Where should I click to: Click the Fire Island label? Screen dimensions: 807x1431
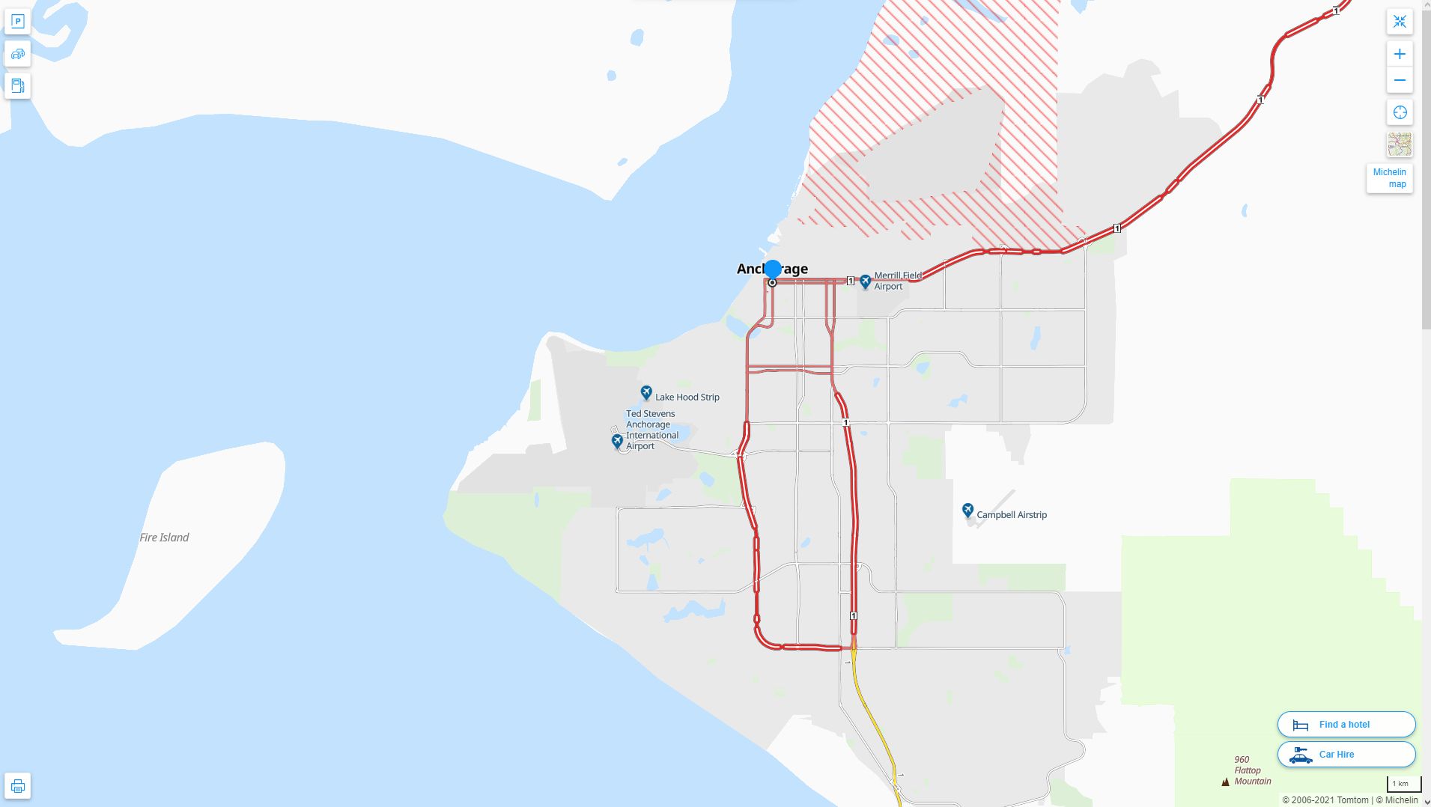point(164,538)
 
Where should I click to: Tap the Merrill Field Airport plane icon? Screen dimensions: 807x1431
point(866,281)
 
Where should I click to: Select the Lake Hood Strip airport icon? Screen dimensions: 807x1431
point(646,393)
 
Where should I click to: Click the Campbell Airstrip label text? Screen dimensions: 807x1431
point(1012,515)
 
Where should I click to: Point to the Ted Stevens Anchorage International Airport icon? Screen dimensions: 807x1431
point(617,442)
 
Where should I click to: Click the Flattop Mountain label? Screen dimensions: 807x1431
point(1252,770)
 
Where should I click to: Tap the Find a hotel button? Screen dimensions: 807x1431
point(1346,725)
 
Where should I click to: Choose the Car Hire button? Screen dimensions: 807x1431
point(1346,755)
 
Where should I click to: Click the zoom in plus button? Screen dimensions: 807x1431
point(1399,54)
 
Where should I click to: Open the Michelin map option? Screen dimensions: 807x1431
point(1389,178)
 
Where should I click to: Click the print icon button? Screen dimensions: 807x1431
point(18,786)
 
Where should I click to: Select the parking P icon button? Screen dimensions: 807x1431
point(18,22)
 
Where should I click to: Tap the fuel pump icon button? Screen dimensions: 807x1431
point(18,85)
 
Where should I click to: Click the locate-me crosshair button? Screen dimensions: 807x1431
point(1399,113)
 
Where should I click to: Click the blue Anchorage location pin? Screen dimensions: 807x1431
point(772,269)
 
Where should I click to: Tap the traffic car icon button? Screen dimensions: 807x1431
point(18,54)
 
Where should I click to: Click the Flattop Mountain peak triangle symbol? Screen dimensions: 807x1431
point(1225,782)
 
